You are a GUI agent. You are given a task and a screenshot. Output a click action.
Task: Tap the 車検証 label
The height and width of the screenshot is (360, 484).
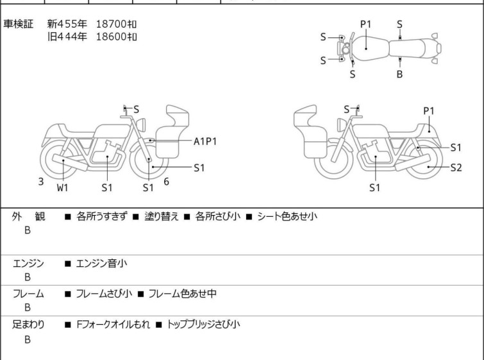click(18, 24)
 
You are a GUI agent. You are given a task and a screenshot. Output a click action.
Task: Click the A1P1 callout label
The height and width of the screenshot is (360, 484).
click(205, 142)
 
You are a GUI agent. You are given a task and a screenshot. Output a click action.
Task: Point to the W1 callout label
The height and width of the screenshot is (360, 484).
click(62, 187)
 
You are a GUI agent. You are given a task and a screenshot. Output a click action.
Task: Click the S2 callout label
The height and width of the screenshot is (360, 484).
click(456, 167)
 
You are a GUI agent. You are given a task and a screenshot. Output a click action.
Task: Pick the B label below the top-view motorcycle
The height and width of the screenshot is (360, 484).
click(399, 74)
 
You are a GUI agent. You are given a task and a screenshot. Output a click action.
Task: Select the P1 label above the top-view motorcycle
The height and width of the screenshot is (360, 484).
click(366, 24)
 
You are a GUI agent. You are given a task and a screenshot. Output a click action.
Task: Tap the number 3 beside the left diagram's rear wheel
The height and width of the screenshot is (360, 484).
click(41, 182)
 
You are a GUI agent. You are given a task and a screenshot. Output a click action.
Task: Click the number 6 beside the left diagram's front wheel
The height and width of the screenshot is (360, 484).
click(167, 182)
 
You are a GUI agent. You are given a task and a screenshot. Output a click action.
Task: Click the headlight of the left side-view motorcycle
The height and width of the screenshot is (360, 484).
click(141, 124)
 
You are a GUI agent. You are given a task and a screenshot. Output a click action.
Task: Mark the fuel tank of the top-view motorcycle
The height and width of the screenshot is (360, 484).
click(369, 49)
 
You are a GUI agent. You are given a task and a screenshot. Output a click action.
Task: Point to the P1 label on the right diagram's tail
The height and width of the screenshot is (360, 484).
click(428, 111)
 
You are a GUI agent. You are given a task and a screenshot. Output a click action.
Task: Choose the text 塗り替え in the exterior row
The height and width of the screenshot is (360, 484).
click(162, 216)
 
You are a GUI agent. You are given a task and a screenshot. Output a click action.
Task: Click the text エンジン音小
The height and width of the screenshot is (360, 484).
click(101, 263)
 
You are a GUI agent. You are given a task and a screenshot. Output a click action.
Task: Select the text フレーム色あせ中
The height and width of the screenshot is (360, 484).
click(183, 293)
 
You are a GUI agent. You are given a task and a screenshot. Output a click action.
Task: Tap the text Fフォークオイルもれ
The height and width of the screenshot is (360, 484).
click(113, 325)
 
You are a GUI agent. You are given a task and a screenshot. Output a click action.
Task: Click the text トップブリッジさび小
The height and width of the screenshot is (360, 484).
click(203, 325)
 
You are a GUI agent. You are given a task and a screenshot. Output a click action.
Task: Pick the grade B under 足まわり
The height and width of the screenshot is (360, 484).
click(28, 339)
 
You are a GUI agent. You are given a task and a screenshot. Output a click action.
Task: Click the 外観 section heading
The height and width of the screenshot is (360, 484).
click(28, 216)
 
